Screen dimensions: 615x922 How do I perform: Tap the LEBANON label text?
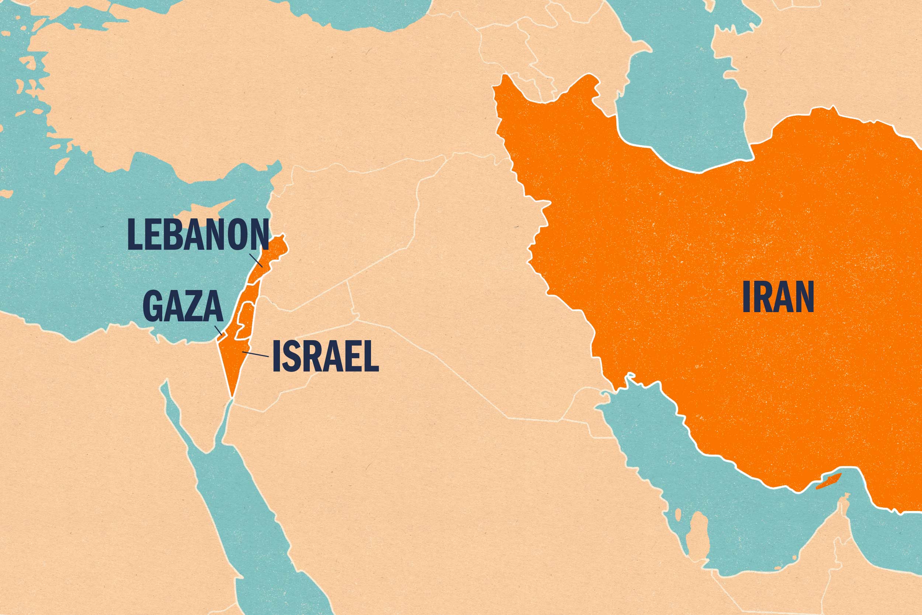198,235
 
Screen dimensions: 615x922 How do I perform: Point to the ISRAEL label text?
325,356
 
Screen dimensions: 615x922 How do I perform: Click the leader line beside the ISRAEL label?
255,355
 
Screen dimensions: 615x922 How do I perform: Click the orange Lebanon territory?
274,255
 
